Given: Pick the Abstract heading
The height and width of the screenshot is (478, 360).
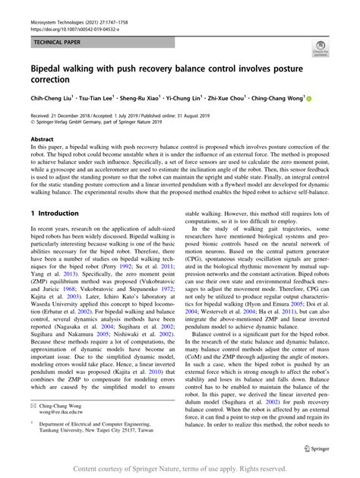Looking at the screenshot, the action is pos(42,139).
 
